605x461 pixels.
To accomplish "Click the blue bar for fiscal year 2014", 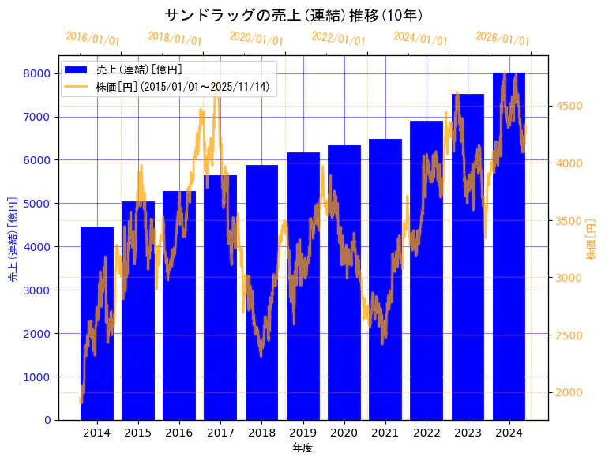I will click(97, 324).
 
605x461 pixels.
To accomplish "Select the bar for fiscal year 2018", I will click(261, 292).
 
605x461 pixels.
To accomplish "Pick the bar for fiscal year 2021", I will click(385, 279).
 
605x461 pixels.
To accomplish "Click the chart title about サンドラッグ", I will click(294, 15).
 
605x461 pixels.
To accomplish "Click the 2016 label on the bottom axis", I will click(179, 433).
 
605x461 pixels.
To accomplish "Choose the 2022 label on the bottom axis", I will click(427, 433).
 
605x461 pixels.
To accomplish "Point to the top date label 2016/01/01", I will click(93, 39).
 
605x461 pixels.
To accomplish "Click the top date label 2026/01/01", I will click(503, 39).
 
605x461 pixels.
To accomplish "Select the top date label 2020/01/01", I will click(257, 39).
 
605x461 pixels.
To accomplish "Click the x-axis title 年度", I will click(302, 448).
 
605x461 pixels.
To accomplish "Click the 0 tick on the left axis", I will click(48, 420).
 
